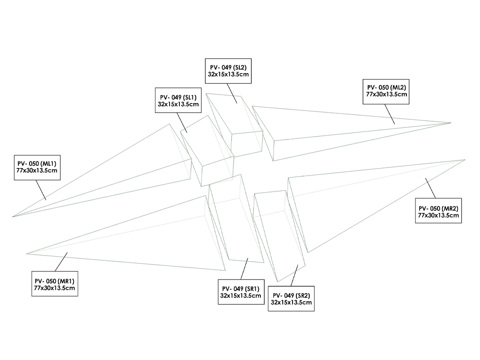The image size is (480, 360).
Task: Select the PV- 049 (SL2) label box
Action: pos(229,71)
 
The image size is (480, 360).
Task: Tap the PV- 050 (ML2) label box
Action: pos(386,91)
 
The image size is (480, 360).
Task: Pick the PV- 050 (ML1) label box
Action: pos(37,166)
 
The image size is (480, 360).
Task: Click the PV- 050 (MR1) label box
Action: pos(54,284)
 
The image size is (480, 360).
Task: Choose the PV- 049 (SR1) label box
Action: pos(240,292)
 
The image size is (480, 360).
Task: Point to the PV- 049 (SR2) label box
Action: pos(291,299)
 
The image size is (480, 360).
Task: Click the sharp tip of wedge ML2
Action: pos(450,123)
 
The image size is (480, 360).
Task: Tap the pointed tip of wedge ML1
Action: pos(13,216)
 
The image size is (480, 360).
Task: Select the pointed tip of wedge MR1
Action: pos(27,253)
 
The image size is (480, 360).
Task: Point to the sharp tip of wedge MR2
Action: pos(465,160)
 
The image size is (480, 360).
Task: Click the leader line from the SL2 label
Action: pos(232,93)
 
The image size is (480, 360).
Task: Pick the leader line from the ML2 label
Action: pos(390,113)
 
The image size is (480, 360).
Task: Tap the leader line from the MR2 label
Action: pos(430,188)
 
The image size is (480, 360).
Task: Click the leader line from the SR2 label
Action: pos(295,275)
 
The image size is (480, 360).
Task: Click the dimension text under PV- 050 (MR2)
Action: pos(438,215)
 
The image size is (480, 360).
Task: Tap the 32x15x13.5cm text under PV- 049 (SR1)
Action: pos(240,295)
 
